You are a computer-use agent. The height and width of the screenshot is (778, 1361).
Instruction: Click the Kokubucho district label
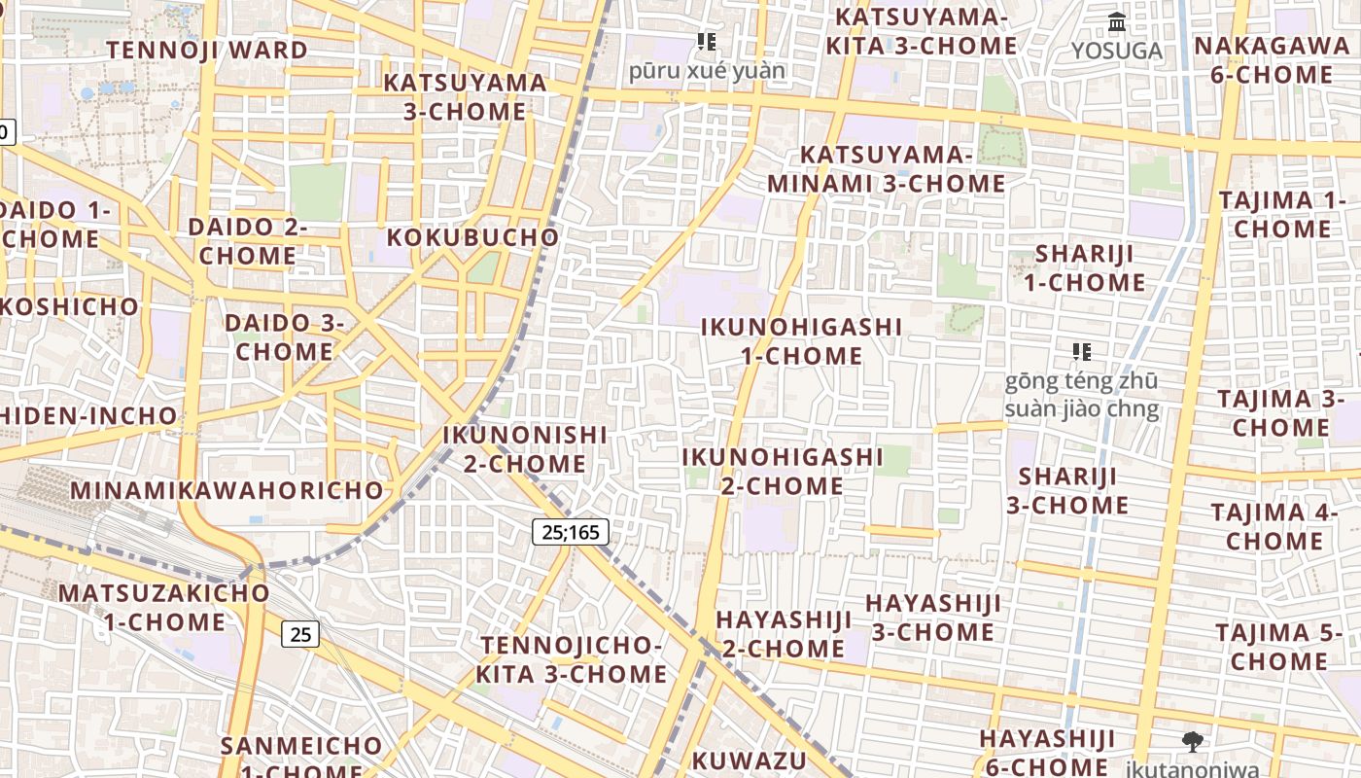click(473, 237)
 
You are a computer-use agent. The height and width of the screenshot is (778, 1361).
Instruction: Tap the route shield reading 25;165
click(571, 532)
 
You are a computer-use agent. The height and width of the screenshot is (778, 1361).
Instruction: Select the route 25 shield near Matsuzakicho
click(300, 634)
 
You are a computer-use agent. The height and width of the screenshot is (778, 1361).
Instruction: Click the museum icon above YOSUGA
click(1117, 21)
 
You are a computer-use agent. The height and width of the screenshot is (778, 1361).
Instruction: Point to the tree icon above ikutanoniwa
click(1192, 742)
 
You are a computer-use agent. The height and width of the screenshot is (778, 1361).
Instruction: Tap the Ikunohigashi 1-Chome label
click(801, 341)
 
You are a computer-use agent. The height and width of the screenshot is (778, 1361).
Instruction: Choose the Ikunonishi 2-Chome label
click(525, 449)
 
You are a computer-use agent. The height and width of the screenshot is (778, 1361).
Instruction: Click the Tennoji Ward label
click(207, 50)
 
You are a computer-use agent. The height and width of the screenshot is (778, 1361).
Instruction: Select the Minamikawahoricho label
click(227, 490)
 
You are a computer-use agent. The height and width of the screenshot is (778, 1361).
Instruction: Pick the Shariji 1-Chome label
click(1084, 268)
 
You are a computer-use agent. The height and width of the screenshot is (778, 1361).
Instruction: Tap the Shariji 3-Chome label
click(1067, 491)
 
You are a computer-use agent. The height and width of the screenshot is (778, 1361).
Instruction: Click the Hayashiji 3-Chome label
click(932, 618)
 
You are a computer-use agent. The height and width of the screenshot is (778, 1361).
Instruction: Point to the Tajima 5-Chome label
click(1277, 647)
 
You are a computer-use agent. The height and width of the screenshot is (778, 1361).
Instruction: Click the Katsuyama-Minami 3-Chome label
click(886, 169)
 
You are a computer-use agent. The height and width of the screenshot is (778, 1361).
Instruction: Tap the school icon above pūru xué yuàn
click(707, 42)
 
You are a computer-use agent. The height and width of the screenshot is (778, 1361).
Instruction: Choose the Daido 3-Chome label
click(284, 336)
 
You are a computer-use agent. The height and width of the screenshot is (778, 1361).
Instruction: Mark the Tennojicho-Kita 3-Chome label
click(572, 659)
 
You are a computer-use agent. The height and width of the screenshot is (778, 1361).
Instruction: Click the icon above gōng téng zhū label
click(1081, 351)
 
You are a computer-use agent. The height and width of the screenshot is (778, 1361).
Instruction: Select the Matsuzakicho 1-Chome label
click(164, 607)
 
